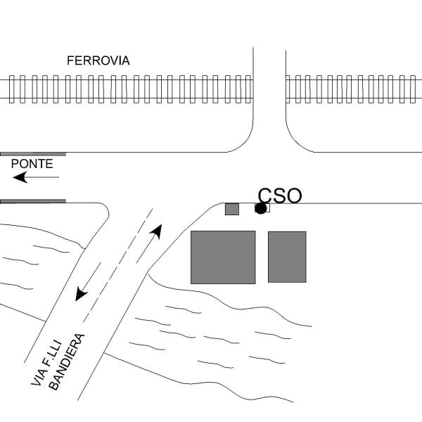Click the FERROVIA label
[x=98, y=60]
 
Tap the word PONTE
[x=32, y=164]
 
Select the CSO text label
[x=280, y=196]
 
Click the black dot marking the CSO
[x=260, y=208]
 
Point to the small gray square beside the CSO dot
[x=232, y=209]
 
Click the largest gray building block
[x=223, y=257]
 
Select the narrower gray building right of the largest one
[x=287, y=257]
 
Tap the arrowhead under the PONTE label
[x=20, y=177]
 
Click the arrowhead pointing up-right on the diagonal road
[x=157, y=231]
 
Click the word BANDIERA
[x=67, y=362]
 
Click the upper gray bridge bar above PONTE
[x=33, y=154]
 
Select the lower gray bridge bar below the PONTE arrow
[x=33, y=201]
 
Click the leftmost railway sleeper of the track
[x=11, y=89]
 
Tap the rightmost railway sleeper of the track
[x=413, y=89]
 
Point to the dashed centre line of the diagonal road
[x=118, y=265]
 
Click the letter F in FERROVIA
[x=70, y=60]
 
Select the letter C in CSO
[x=265, y=196]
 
